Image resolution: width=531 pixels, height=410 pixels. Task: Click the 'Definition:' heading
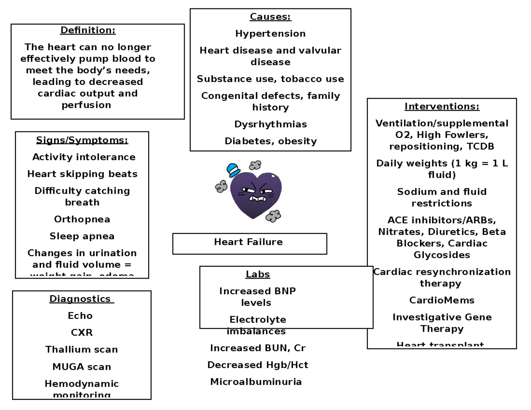88,31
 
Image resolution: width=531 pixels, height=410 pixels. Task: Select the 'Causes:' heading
270,17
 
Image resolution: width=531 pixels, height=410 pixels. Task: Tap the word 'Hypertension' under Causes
270,34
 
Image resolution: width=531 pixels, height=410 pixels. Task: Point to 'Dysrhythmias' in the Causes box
270,124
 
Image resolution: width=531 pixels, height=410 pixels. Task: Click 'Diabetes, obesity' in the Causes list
270,141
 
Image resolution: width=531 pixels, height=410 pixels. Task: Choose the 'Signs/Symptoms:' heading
82,140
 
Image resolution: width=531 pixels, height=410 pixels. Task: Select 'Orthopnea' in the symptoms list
82,219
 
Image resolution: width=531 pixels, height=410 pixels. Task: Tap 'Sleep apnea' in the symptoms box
82,236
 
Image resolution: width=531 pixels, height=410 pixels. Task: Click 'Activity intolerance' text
84,157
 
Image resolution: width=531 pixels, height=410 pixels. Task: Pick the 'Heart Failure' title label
248,242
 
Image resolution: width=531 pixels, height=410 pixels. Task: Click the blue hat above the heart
233,169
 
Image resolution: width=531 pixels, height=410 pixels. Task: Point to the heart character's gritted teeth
257,199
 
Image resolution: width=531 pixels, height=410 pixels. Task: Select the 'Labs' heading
258,274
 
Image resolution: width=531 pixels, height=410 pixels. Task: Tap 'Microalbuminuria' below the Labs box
256,382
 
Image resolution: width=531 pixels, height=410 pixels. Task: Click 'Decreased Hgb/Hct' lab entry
258,365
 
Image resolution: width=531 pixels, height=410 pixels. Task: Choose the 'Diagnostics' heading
81,299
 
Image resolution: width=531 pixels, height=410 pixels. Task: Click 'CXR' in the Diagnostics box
82,333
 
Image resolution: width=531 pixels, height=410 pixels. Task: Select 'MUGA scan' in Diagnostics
82,367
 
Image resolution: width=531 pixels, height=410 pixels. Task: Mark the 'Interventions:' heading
442,107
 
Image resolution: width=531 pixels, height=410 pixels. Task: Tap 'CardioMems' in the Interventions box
442,300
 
